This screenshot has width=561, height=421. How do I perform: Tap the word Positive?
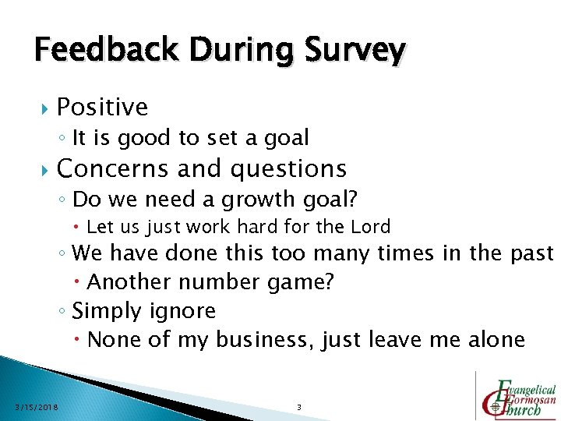[102, 107]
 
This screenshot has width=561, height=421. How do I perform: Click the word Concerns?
[111, 168]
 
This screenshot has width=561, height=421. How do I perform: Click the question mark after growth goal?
[352, 200]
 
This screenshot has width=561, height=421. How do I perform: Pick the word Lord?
[371, 227]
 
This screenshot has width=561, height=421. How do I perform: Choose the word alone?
[496, 340]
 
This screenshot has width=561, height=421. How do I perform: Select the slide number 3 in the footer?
[299, 407]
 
